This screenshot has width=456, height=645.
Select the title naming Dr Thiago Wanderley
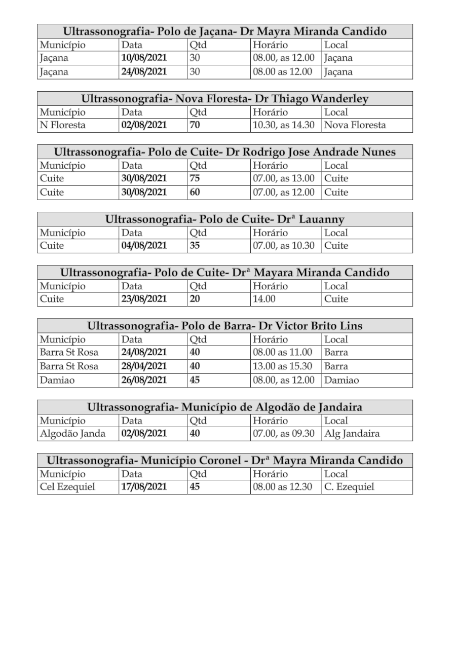point(225,99)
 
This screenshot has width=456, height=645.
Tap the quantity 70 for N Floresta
point(195,125)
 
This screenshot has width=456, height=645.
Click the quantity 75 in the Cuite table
point(195,178)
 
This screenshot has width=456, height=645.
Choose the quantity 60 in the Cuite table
point(195,193)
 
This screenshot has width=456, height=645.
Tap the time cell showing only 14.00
point(264,299)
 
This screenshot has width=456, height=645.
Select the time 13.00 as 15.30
point(282,366)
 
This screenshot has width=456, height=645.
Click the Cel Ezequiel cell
point(67,487)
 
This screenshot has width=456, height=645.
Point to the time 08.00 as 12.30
point(282,487)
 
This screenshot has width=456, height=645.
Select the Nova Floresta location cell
point(355,125)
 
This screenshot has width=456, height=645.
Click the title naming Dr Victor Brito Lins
point(225,326)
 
